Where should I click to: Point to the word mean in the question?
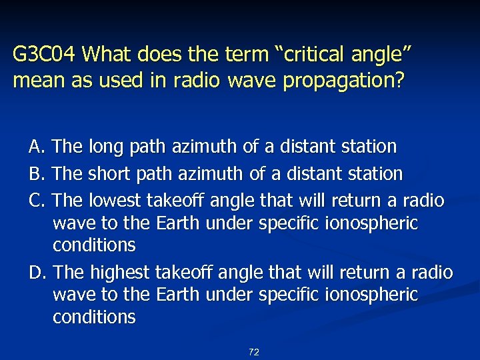point(33,81)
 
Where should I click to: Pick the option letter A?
point(36,146)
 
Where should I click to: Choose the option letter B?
point(36,174)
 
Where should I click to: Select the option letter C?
point(36,200)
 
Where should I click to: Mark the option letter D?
point(37,273)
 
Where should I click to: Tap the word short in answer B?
point(108,174)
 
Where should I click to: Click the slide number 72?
point(253,352)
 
